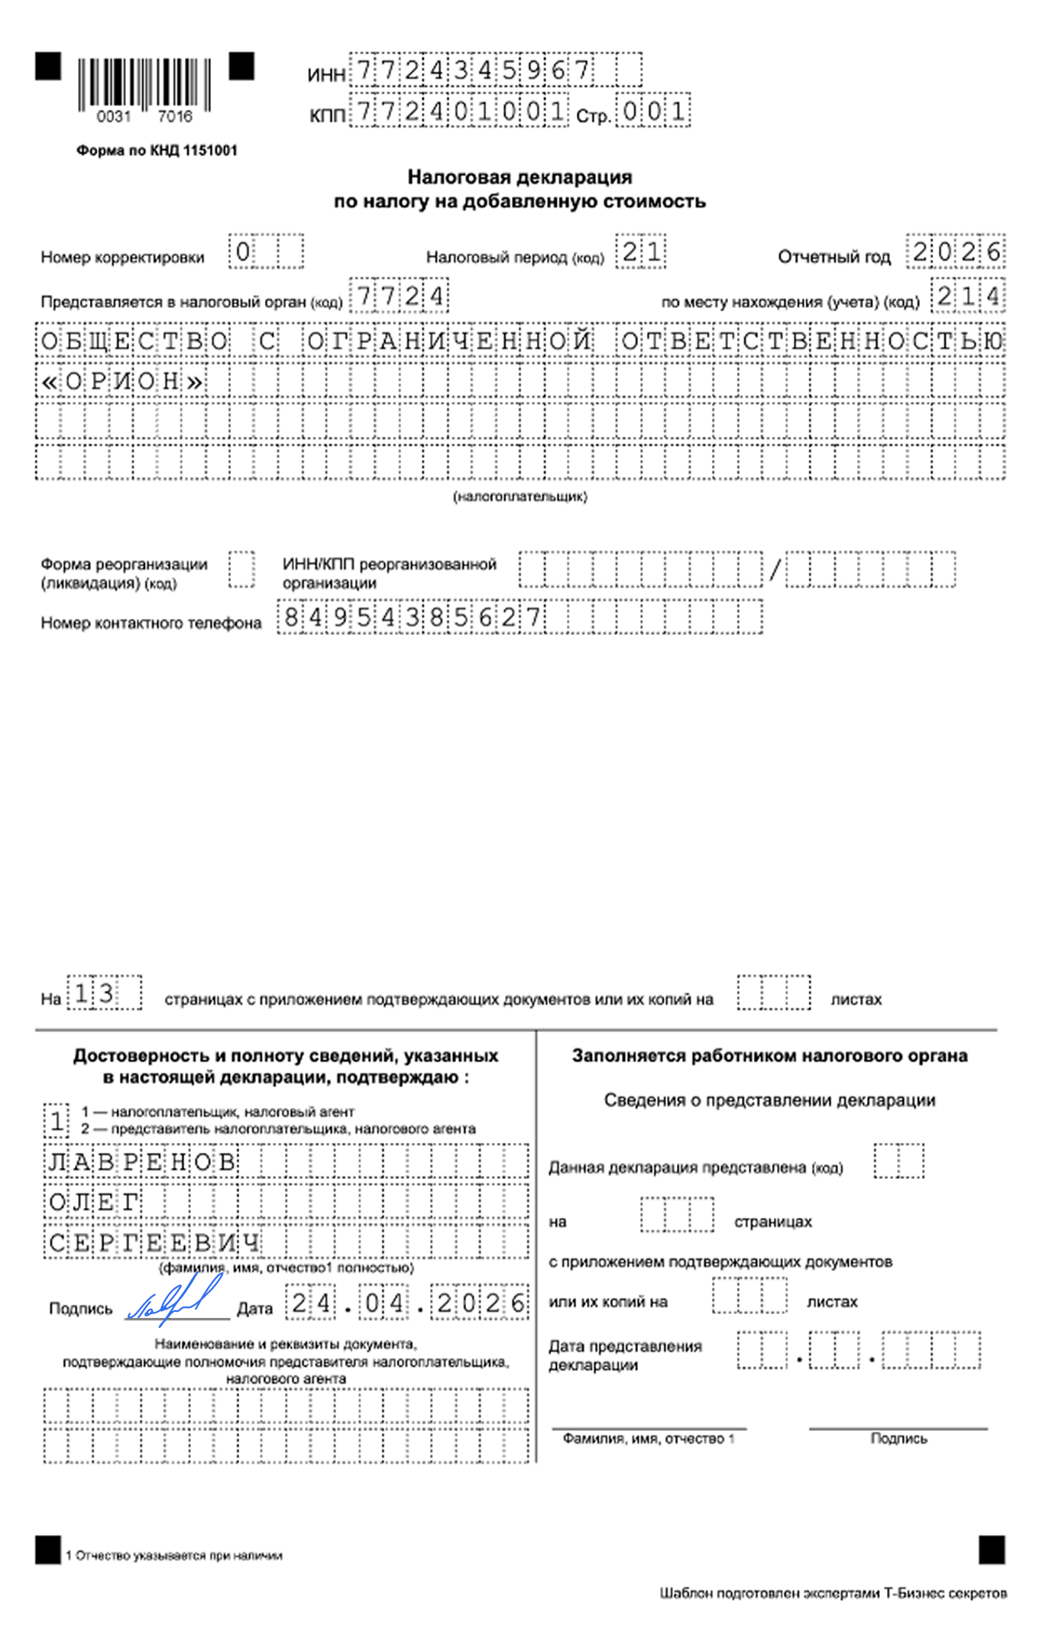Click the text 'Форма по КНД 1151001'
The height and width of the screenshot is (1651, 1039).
[x=157, y=151]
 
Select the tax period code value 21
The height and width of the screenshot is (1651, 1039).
[x=641, y=252]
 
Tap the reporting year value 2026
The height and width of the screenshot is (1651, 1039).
[x=956, y=252]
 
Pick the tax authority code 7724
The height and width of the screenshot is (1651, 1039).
[x=399, y=296]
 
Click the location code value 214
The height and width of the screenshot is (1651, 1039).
[x=968, y=296]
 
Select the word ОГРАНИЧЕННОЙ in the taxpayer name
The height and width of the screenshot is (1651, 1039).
[x=449, y=341]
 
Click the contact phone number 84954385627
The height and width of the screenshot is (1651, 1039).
[x=413, y=617]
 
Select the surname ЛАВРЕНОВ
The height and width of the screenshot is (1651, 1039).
[x=142, y=1162]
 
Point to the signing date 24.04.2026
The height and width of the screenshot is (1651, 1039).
[x=408, y=1303]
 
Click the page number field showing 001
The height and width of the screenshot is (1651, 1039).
[x=653, y=112]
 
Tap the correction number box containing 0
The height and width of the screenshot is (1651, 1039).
[x=243, y=252]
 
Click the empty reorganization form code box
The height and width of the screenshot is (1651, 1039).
[x=242, y=570]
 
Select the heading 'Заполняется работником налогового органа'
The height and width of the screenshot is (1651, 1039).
[x=769, y=1056]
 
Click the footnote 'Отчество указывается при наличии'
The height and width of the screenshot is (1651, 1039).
[x=178, y=1556]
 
